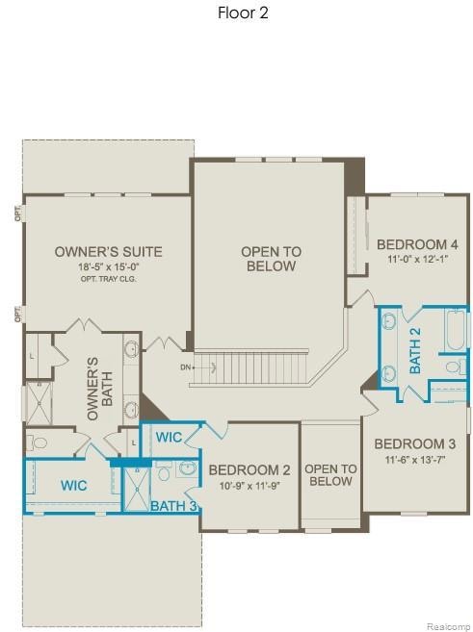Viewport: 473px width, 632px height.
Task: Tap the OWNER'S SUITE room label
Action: point(108,252)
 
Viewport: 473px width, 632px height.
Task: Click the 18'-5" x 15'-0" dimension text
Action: point(108,267)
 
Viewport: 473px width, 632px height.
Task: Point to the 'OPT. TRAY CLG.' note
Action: point(108,279)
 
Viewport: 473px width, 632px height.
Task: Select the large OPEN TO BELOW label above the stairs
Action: point(271,259)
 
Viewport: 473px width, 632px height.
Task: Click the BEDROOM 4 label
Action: point(417,244)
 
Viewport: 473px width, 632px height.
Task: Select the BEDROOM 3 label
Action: point(415,443)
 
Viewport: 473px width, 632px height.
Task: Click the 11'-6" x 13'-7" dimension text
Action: point(415,459)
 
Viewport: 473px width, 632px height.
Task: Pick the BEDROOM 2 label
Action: point(250,469)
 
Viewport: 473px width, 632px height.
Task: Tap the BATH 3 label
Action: point(173,505)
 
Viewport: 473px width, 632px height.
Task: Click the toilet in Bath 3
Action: point(164,472)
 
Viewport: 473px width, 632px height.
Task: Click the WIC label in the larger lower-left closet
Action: point(74,486)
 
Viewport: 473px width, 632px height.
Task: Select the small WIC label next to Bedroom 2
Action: point(170,437)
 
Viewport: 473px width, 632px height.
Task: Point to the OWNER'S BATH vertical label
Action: point(93,389)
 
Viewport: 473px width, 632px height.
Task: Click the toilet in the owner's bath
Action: point(38,442)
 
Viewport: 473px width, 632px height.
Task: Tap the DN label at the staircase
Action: point(185,367)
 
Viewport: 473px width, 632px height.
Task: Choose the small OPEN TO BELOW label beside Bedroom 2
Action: point(330,475)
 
